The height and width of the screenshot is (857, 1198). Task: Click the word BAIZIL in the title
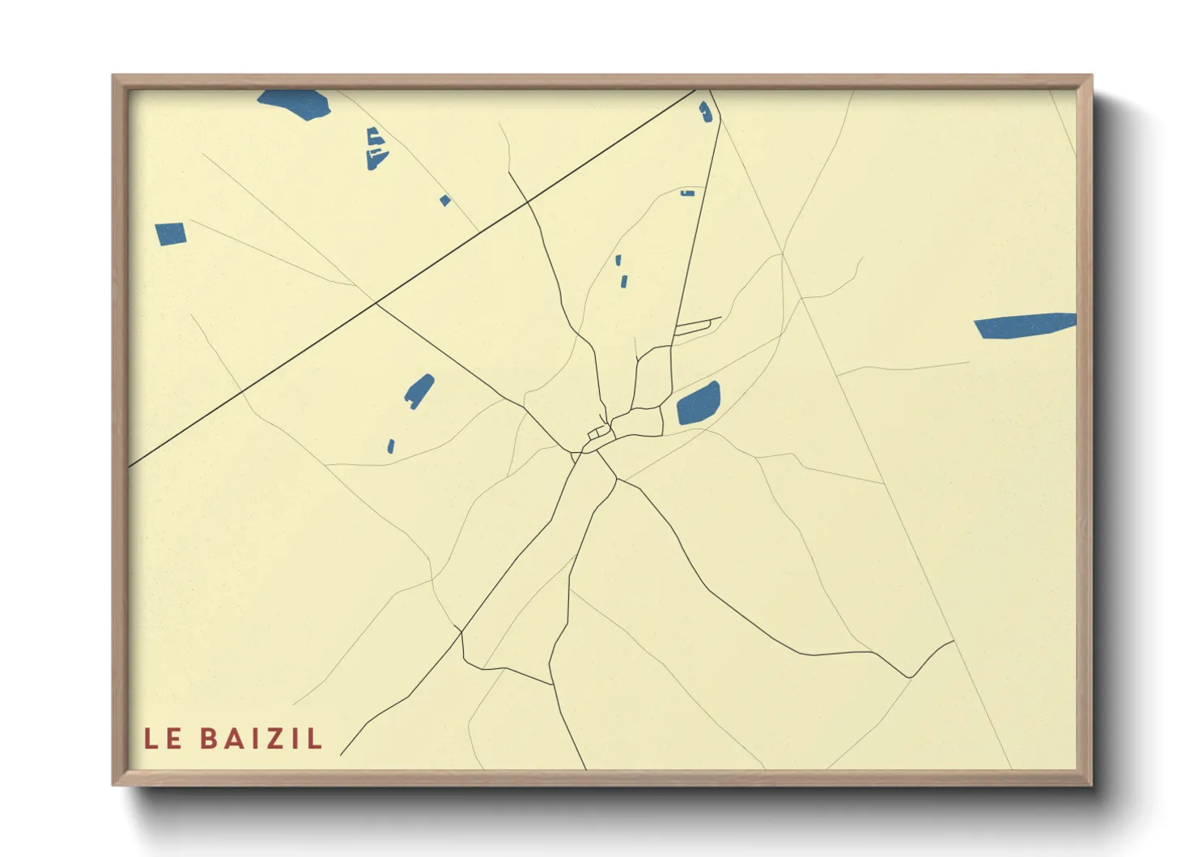[x=261, y=739]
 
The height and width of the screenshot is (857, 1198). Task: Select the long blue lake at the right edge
[x=1024, y=325]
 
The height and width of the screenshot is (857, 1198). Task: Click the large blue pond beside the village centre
[x=698, y=403]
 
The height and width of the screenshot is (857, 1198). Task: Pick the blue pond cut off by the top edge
[x=295, y=103]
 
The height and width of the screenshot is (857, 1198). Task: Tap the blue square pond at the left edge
[x=171, y=233]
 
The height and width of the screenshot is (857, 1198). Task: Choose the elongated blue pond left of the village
[x=419, y=390]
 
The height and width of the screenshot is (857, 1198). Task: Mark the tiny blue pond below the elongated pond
[x=391, y=446]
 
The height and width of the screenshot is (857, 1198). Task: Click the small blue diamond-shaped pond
[x=444, y=200]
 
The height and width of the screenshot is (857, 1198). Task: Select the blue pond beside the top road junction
[x=706, y=112]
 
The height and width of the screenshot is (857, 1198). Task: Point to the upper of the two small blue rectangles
[x=618, y=260]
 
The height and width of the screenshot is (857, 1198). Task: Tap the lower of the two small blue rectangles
[x=624, y=281]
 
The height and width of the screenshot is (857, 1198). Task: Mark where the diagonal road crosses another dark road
[x=376, y=304]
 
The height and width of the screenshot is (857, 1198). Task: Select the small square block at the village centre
[x=600, y=432]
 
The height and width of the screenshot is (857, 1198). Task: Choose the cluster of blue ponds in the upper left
[x=376, y=148]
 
